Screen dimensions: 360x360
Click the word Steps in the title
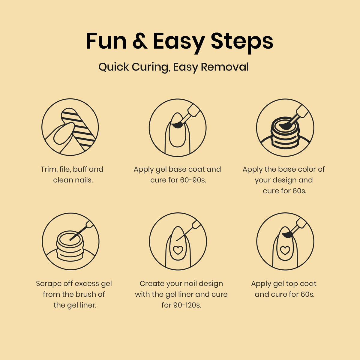coord(242,43)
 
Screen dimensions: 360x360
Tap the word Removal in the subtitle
coord(225,67)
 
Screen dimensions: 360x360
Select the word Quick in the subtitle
coord(114,67)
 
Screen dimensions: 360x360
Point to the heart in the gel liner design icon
coord(178,250)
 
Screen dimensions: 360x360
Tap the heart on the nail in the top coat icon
coord(285,250)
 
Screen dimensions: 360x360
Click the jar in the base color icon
coord(285,133)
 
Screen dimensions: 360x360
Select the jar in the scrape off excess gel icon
coord(70,246)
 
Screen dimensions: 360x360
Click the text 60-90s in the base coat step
coord(193,180)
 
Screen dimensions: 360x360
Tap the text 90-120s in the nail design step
coord(187,305)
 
